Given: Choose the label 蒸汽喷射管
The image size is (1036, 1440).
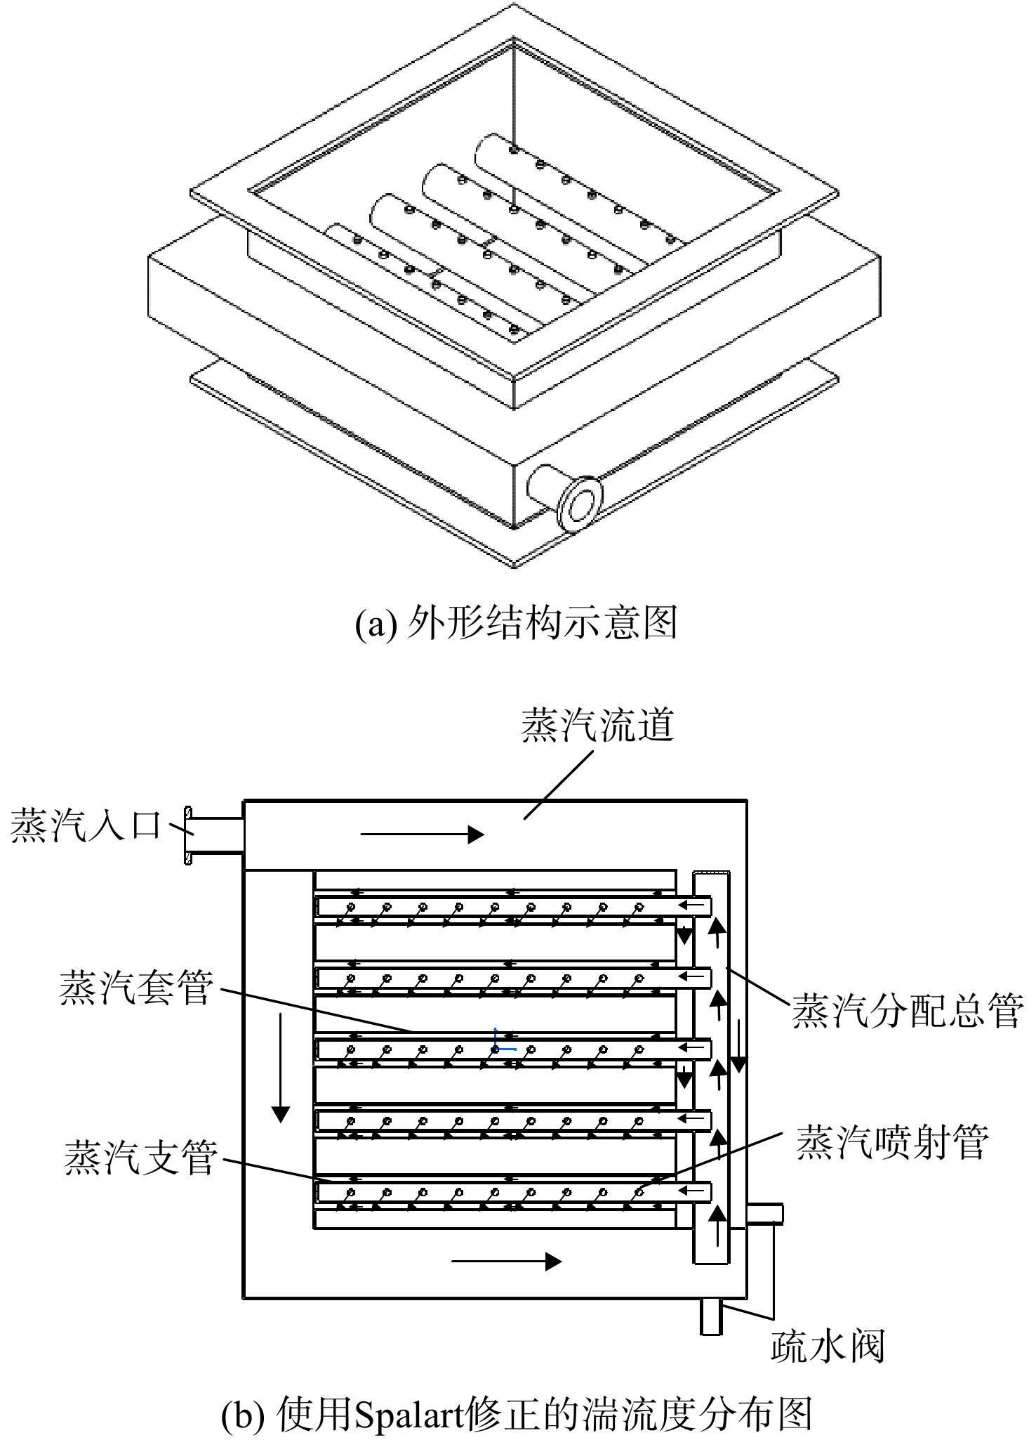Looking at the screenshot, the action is coord(892,1141).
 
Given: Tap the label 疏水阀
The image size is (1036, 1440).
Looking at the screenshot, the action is coord(828,1346).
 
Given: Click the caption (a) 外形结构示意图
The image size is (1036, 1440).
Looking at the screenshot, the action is coord(517,622).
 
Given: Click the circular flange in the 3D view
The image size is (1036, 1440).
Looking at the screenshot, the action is coord(580,503).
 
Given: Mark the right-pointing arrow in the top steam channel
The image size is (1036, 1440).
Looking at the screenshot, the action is coord(422,834).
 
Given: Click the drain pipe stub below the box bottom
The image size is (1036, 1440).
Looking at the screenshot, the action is coord(711,1316).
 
